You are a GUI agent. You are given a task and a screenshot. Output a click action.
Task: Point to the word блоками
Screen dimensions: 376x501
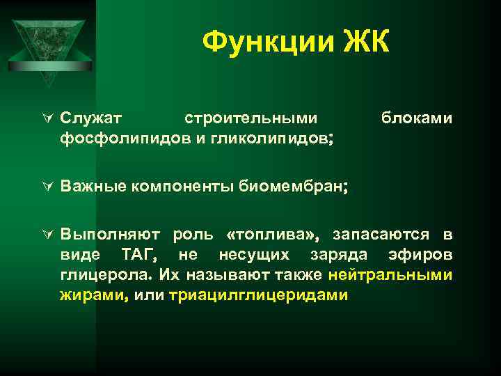point(416,118)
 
